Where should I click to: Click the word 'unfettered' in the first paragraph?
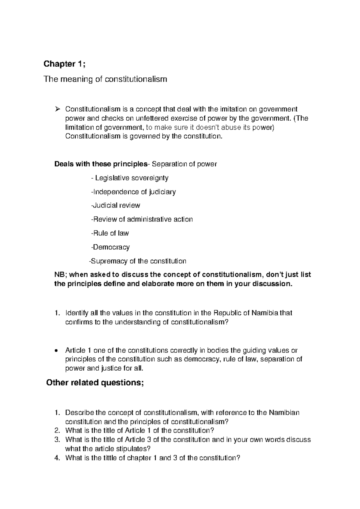tap(145, 118)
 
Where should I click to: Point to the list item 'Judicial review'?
tap(115, 206)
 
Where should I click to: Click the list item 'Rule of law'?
tap(110, 233)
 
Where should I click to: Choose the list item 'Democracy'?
tap(110, 247)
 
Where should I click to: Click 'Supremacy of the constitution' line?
tap(138, 261)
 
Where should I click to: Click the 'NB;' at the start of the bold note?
tap(61, 275)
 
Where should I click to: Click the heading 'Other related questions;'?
tap(95, 383)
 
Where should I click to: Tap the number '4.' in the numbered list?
tap(58, 458)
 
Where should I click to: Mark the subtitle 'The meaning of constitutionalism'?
tap(105, 80)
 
